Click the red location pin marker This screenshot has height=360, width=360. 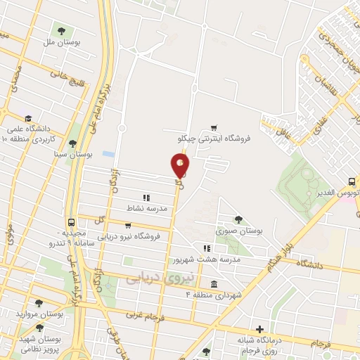pos(180,165)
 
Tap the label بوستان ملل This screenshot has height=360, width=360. pos(61,42)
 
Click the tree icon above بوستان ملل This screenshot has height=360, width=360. pos(61,31)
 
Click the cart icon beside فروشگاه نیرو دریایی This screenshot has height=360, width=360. pos(127,226)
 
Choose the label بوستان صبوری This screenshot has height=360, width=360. pos(239,230)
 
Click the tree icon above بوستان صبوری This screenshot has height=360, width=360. pos(239,219)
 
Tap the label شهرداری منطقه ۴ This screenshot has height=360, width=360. pos(213,295)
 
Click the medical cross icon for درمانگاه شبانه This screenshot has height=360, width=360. pos(260,329)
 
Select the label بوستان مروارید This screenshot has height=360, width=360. pos(41,314)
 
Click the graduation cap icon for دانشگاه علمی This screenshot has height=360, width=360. pos(27,119)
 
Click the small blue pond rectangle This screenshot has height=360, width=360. pos(108,153)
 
